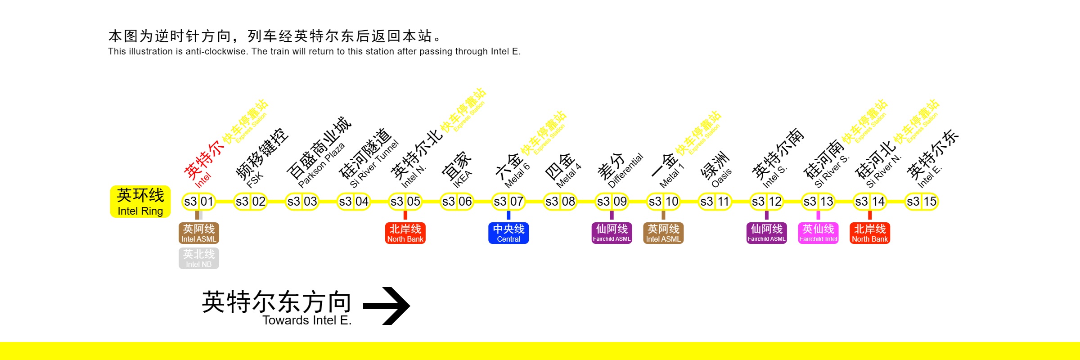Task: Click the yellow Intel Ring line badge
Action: [x=140, y=202]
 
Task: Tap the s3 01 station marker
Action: [x=198, y=202]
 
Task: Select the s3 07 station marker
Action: [x=508, y=202]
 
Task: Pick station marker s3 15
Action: [x=922, y=202]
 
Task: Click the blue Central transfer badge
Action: [x=508, y=233]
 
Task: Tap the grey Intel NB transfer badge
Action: [x=198, y=258]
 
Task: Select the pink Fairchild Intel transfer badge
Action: [x=818, y=233]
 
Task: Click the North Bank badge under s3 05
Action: [x=405, y=233]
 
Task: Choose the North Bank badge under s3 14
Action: [x=870, y=233]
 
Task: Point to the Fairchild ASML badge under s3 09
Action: [x=612, y=233]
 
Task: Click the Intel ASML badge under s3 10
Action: [x=663, y=233]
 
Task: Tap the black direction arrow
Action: [x=387, y=306]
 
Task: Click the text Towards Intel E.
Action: [x=306, y=320]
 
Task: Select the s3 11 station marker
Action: [x=715, y=202]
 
